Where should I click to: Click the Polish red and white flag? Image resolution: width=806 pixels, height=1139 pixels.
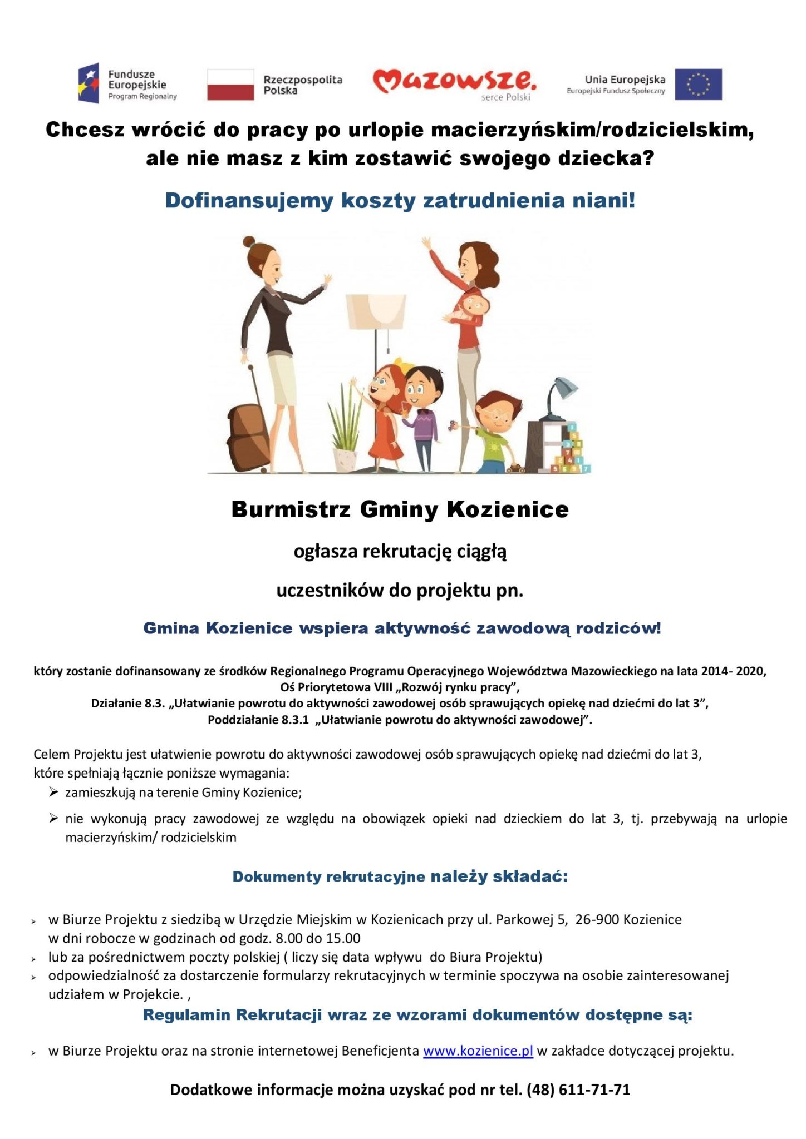pyautogui.click(x=230, y=85)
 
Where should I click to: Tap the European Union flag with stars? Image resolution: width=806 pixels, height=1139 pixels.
pyautogui.click(x=698, y=85)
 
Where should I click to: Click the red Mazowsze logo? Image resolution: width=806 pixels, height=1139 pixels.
pyautogui.click(x=454, y=82)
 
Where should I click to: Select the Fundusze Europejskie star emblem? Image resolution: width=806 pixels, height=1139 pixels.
pyautogui.click(x=89, y=83)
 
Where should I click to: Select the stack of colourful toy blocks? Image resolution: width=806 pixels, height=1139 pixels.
pyautogui.click(x=571, y=450)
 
